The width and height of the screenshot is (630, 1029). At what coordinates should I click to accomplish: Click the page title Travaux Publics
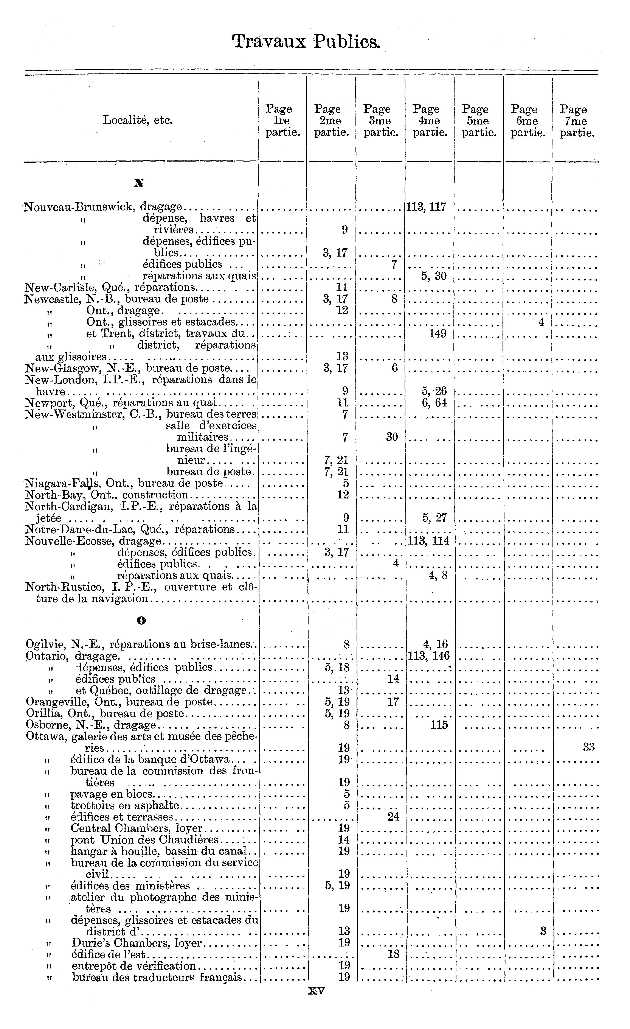pos(306,42)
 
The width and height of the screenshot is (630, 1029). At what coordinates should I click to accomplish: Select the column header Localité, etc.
pos(137,121)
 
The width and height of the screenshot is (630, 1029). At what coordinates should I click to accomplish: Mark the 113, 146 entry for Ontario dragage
pos(429,656)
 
